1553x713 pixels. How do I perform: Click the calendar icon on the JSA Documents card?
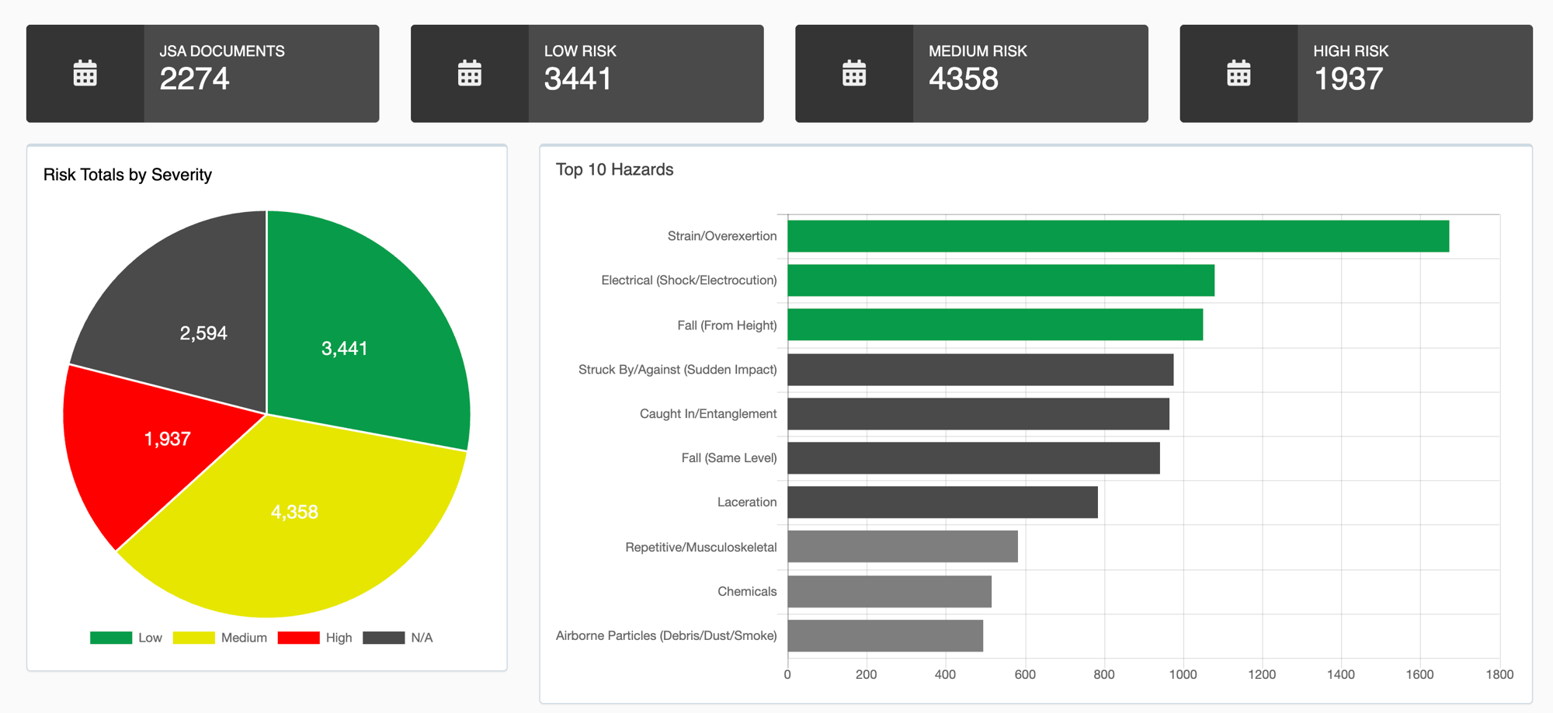85,73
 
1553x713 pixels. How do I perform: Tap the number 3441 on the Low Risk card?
578,79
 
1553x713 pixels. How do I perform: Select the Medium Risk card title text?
977,51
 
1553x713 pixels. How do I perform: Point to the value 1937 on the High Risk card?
1347,79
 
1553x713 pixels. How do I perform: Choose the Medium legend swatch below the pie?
193,638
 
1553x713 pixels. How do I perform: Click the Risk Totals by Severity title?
127,175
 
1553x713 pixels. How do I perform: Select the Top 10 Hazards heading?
614,169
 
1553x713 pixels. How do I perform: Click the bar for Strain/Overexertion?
1117,236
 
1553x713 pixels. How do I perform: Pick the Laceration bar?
942,503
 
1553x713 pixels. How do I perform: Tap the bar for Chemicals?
889,592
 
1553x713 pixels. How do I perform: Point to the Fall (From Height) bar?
995,325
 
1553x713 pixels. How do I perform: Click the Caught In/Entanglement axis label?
707,414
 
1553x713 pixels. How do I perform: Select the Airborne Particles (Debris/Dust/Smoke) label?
665,636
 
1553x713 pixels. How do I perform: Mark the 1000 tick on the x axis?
1183,674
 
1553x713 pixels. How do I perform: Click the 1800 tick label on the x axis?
1499,674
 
